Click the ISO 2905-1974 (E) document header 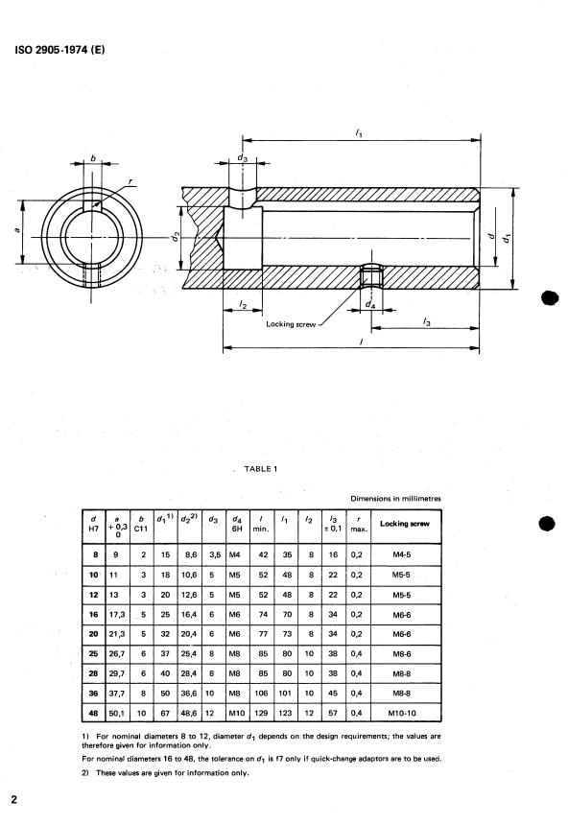point(59,51)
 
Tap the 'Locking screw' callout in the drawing point(291,324)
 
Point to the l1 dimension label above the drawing point(359,133)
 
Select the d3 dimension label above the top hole point(242,157)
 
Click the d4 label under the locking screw point(370,304)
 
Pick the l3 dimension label point(427,322)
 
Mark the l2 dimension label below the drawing point(243,304)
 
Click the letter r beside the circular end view point(130,182)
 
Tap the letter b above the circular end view point(93,157)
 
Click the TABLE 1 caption point(261,469)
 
